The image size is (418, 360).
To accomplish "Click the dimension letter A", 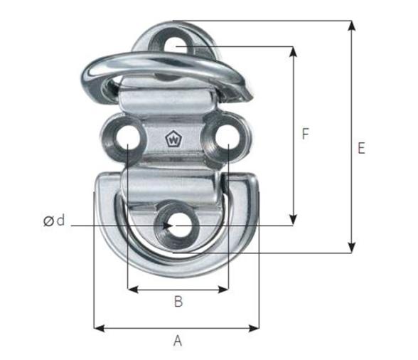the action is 178,341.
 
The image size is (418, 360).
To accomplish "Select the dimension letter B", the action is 178,302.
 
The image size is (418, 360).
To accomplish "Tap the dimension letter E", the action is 361,149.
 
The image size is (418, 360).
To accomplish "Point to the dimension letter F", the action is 305,134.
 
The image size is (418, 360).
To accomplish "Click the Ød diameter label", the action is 54,221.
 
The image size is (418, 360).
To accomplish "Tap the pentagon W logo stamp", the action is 172,139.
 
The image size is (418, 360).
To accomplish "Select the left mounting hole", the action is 127,139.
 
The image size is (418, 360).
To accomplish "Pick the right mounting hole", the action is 226,139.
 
